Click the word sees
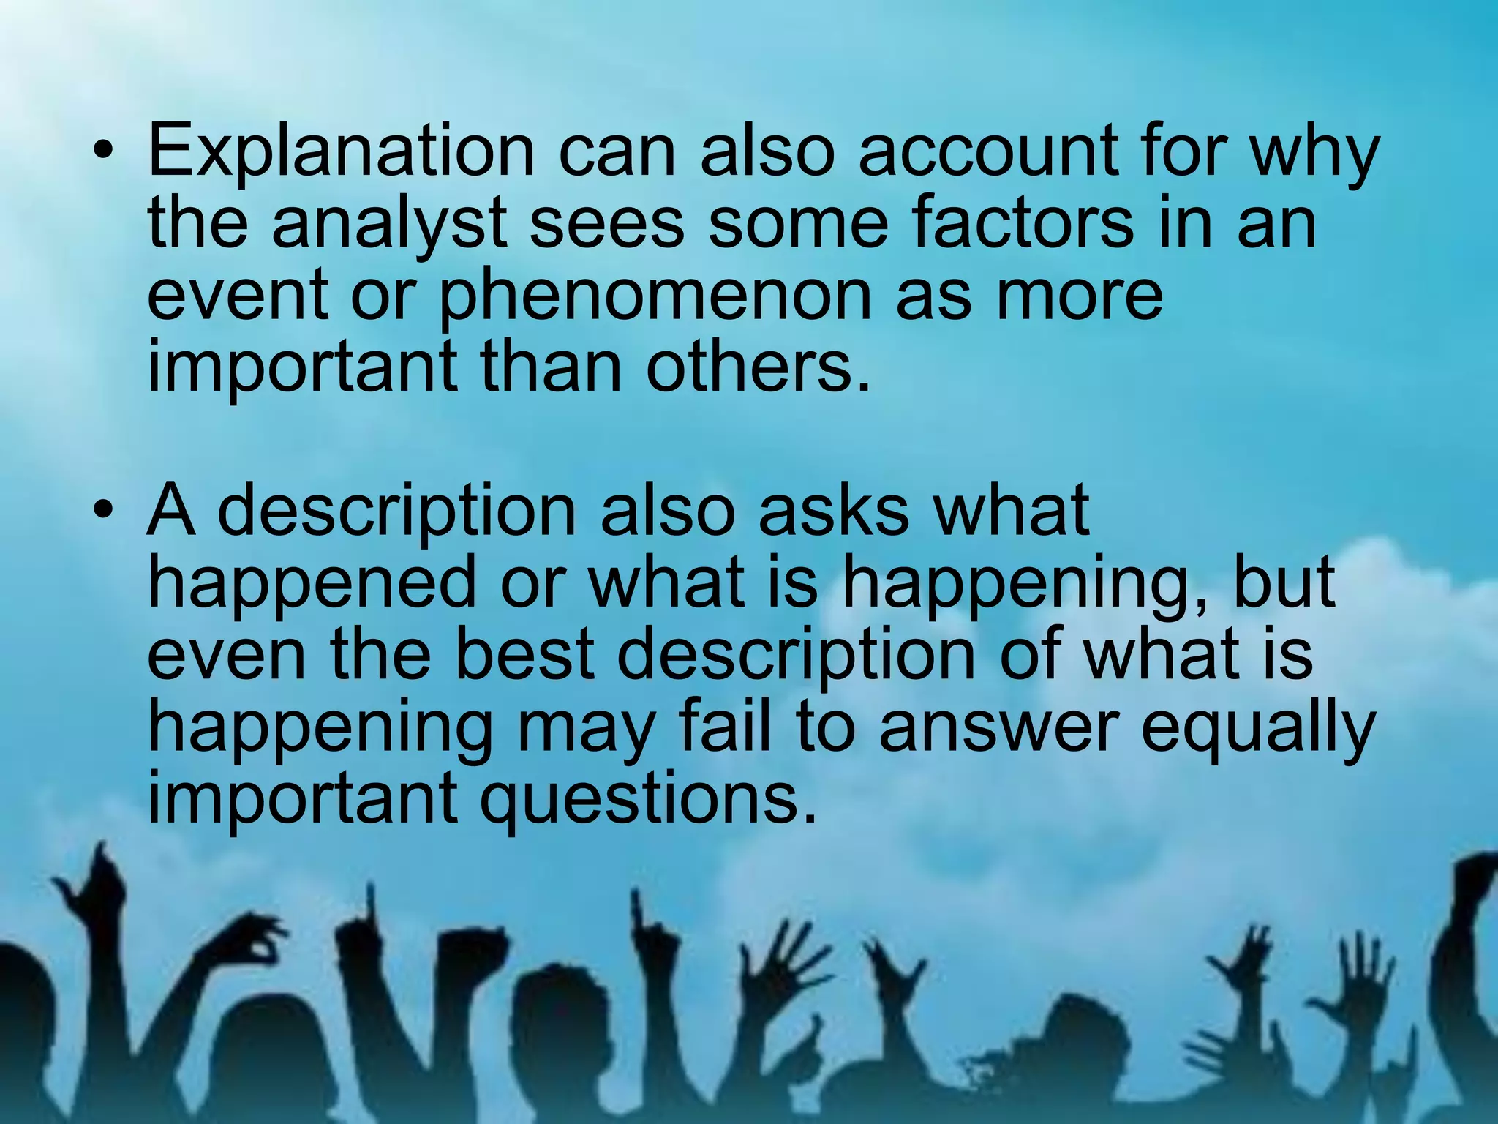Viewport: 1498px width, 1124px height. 606,224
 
